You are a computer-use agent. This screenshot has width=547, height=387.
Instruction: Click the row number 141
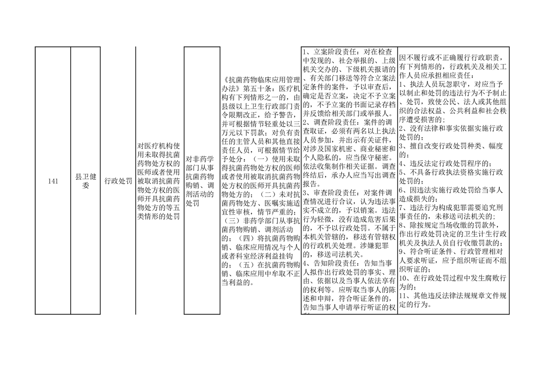point(53,181)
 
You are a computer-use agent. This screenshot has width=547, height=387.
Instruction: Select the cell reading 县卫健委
point(85,181)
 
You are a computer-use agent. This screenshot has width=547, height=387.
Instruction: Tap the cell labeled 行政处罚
point(118,181)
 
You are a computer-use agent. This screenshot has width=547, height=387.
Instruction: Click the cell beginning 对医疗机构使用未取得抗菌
point(159,181)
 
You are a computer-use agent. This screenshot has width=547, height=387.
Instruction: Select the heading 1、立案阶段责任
point(329,52)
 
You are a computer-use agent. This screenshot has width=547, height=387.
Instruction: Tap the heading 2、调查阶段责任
point(329,122)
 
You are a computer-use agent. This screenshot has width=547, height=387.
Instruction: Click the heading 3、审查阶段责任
point(329,193)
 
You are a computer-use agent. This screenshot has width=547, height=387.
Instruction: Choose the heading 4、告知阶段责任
point(329,264)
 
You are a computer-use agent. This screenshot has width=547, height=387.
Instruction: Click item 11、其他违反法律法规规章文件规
point(453,295)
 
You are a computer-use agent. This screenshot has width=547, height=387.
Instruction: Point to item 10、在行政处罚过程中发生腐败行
point(453,278)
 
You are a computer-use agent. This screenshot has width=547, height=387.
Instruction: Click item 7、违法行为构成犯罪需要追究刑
point(451,207)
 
